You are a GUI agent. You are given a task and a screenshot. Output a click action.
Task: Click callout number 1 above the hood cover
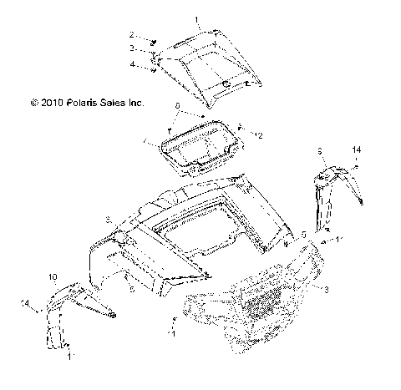[x=197, y=18]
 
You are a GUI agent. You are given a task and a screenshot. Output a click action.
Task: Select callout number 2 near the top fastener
[x=130, y=35]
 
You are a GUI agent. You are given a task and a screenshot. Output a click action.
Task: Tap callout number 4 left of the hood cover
[x=130, y=64]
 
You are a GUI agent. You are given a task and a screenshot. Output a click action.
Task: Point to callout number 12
[x=259, y=134]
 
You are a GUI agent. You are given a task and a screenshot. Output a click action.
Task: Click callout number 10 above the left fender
[x=52, y=276]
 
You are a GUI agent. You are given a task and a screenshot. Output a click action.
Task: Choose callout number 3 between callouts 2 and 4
[x=130, y=49]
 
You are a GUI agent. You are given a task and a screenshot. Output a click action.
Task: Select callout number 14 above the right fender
[x=356, y=149]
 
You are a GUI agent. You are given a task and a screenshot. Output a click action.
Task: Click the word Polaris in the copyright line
[x=79, y=104]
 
